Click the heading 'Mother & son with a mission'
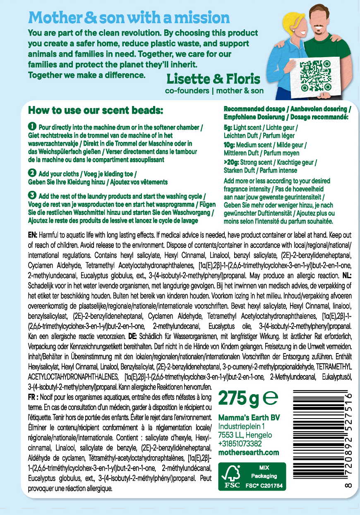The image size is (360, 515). point(129,18)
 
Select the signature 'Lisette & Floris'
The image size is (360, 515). point(213,79)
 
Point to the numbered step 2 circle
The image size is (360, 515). point(32,173)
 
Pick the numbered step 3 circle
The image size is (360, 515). point(32,195)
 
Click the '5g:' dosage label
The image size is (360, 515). point(228,128)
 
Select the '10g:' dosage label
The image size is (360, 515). point(230,145)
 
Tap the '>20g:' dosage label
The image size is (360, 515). point(231,163)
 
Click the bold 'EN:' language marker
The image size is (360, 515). point(33,235)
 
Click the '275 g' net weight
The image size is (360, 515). point(238,398)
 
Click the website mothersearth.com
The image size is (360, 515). point(248,452)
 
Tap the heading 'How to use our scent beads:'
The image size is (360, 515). point(96,111)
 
